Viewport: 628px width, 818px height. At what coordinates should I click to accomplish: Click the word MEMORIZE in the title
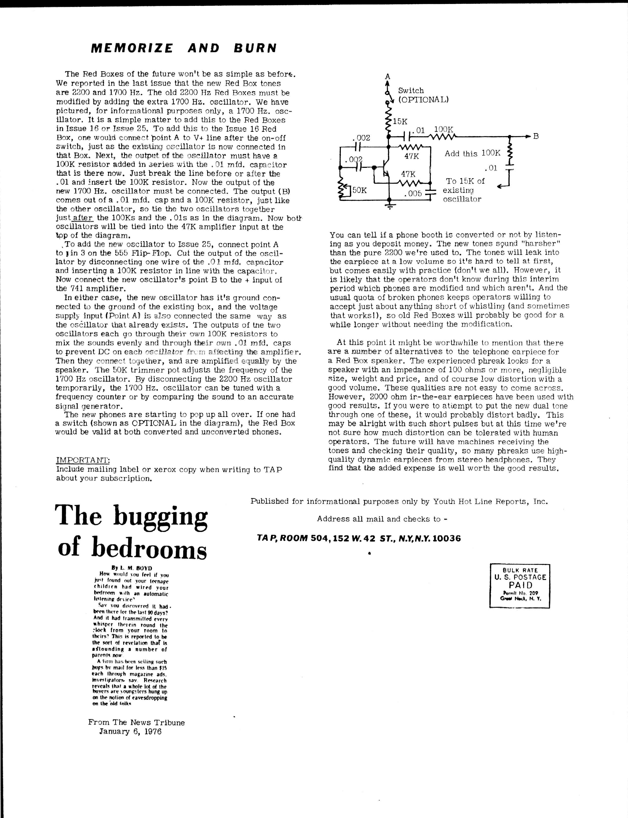pyautogui.click(x=132, y=48)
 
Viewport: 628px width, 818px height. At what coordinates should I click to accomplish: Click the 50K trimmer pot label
pyautogui.click(x=359, y=190)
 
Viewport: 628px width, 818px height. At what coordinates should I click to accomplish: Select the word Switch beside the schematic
pyautogui.click(x=411, y=90)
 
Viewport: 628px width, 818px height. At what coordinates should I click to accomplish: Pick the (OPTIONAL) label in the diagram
pyautogui.click(x=423, y=100)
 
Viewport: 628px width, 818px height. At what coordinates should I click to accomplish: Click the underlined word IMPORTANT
pyautogui.click(x=83, y=460)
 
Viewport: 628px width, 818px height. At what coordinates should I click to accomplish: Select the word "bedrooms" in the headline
pyautogui.click(x=149, y=548)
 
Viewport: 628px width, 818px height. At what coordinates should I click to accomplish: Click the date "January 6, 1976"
pyautogui.click(x=130, y=731)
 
